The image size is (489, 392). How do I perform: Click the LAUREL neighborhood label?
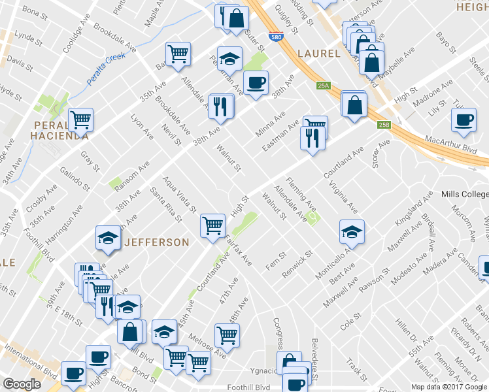318,54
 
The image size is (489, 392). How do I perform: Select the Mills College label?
464,195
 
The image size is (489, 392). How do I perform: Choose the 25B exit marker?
383,125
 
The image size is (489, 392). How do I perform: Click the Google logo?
22,385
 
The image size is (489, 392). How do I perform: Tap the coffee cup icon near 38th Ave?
256,83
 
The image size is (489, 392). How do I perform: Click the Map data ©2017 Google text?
448,387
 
